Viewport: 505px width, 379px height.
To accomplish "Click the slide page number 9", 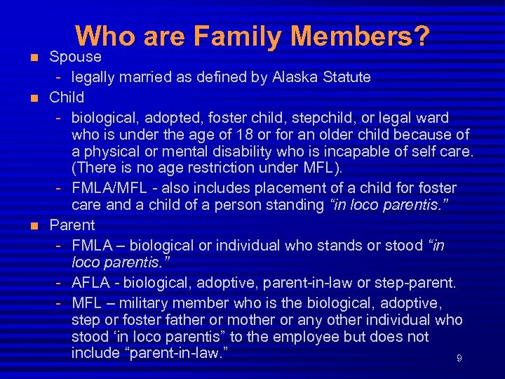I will point(459,359).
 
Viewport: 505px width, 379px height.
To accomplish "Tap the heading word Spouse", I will point(75,57).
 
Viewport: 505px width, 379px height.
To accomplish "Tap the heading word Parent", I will point(72,225).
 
